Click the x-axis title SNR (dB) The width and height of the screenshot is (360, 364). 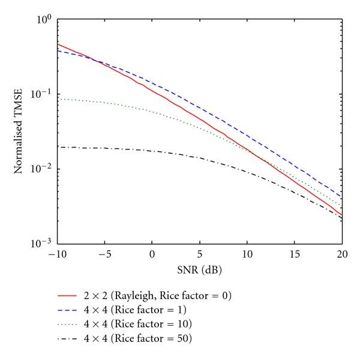click(199, 266)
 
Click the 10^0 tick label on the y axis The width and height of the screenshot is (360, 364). click(45, 19)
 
